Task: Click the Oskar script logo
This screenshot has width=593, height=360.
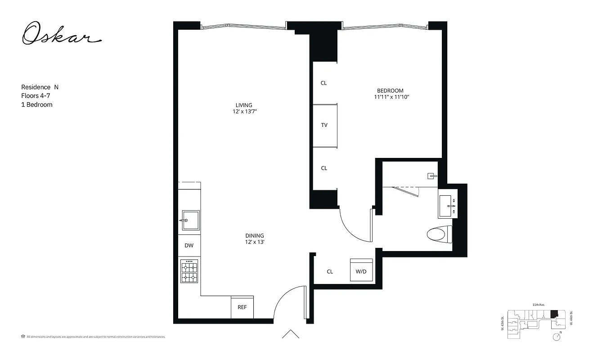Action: (62, 34)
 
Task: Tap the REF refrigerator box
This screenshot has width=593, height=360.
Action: (242, 307)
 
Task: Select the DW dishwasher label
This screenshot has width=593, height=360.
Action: (189, 245)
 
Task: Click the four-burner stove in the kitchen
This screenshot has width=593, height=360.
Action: (189, 271)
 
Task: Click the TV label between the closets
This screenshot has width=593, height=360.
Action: (324, 125)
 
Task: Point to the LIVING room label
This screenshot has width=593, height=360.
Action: (244, 105)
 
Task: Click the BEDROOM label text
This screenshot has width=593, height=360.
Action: (390, 90)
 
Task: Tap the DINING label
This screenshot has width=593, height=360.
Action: (255, 235)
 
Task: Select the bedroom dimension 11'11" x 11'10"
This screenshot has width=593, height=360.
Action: (391, 97)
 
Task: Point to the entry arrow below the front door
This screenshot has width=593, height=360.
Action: (291, 334)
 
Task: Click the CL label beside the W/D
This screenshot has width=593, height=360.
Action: (330, 271)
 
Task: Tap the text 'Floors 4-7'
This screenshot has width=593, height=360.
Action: (35, 96)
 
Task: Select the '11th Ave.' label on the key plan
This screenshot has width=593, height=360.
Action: (539, 305)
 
